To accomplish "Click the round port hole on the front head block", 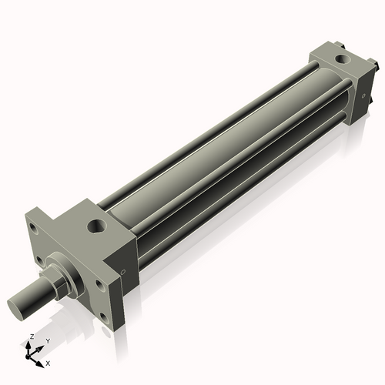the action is (x=97, y=226).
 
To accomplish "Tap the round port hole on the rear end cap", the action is (x=343, y=59).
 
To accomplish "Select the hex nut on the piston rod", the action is (x=59, y=283).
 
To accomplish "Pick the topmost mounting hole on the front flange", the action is (x=34, y=229).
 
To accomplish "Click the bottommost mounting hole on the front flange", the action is (x=104, y=317).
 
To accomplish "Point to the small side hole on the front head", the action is (x=123, y=272).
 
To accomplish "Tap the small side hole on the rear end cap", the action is (x=363, y=96).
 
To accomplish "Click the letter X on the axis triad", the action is (x=48, y=363).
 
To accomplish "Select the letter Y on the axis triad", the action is (x=48, y=341).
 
